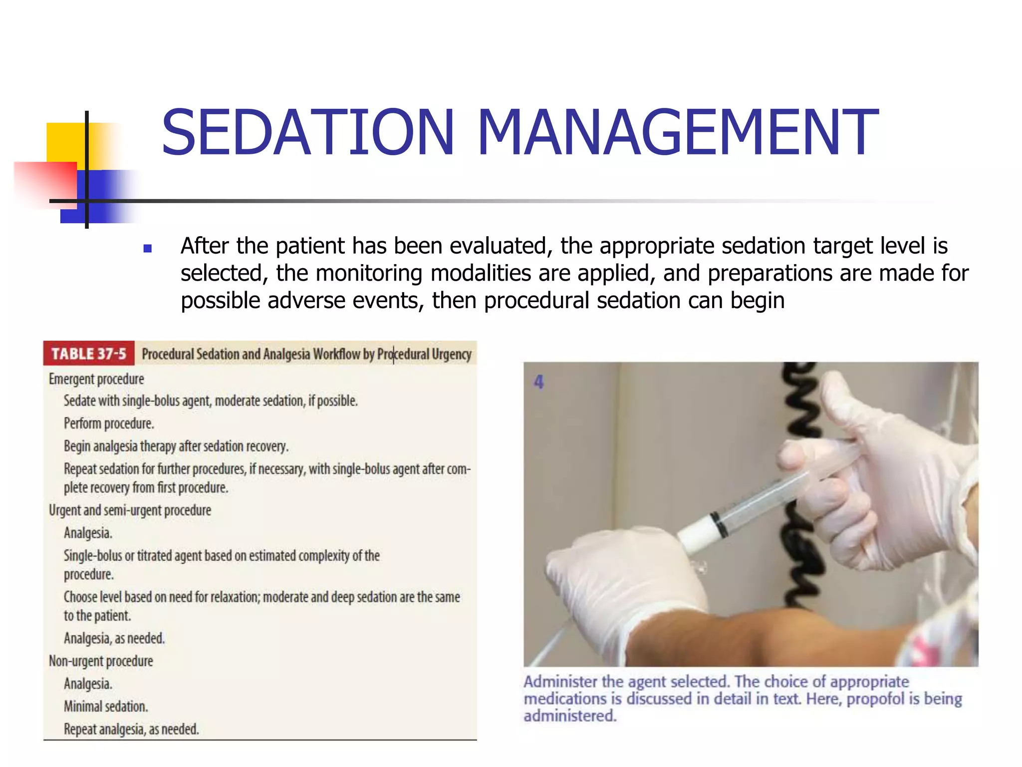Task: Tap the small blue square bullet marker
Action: pyautogui.click(x=147, y=248)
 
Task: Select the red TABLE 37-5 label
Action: pyautogui.click(x=89, y=354)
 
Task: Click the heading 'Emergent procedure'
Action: pyautogui.click(x=96, y=379)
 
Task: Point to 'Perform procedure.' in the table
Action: pyautogui.click(x=109, y=423)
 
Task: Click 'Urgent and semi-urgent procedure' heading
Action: pyautogui.click(x=130, y=510)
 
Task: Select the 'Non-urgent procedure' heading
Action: pyautogui.click(x=101, y=661)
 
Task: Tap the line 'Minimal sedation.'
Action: pyautogui.click(x=106, y=707)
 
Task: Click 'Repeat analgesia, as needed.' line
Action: pyautogui.click(x=131, y=730)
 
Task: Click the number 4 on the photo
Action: pyautogui.click(x=538, y=382)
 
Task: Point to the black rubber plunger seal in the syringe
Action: pyautogui.click(x=719, y=524)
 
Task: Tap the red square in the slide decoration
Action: pyautogui.click(x=45, y=182)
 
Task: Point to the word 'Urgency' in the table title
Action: pyautogui.click(x=452, y=354)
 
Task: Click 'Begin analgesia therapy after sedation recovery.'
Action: pyautogui.click(x=176, y=446)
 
